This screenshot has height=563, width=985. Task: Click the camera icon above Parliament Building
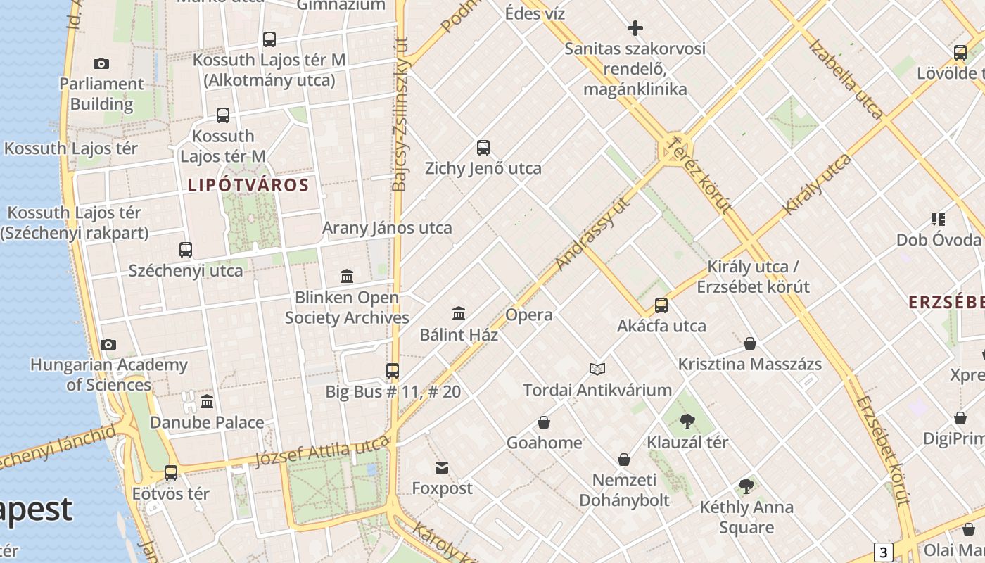[x=101, y=64]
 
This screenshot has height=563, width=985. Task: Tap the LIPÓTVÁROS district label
[x=248, y=185]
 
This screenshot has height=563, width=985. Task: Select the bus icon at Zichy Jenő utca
[x=483, y=148]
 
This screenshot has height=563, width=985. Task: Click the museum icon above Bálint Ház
[x=459, y=313]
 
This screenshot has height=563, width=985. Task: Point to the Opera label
[x=528, y=315]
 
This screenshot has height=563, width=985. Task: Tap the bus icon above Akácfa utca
[x=661, y=305]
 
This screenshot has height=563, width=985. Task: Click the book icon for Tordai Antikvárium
[x=597, y=369]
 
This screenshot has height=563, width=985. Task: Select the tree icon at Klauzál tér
[x=687, y=422]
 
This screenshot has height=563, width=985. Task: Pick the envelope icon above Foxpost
[x=442, y=468]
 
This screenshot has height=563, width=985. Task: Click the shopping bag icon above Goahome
[x=544, y=422]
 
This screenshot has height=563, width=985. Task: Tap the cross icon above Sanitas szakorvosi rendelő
[x=635, y=28]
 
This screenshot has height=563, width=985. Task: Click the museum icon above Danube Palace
[x=207, y=402]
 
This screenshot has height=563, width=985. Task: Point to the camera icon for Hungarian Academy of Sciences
[x=108, y=344]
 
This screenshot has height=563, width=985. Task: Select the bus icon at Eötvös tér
[x=171, y=473]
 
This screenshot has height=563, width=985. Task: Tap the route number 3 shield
[x=884, y=552]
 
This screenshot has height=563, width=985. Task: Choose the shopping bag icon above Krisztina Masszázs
[x=750, y=343]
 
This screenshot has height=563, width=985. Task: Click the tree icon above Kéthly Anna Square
[x=746, y=486]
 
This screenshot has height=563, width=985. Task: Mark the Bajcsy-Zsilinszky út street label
[x=400, y=114]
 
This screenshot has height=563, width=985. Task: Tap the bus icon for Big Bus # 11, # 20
[x=393, y=370]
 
